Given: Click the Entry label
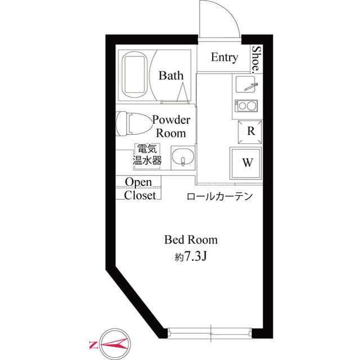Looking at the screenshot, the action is [x=224, y=57].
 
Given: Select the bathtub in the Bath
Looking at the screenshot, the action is [x=134, y=75].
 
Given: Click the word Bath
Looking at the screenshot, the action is [x=171, y=75].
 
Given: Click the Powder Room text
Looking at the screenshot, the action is [x=171, y=127].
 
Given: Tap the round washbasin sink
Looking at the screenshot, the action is [x=183, y=157].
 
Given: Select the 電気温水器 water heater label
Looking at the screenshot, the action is [x=147, y=154].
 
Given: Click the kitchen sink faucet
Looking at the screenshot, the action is [x=251, y=86].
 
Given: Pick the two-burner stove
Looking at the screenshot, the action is [x=246, y=106].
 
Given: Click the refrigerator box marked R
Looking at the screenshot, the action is [x=250, y=132].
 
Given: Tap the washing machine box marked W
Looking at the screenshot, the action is [x=246, y=163].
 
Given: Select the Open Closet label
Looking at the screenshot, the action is [x=139, y=189].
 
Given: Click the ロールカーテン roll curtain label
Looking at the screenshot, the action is [x=219, y=196].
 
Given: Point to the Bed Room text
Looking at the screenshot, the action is [x=191, y=240].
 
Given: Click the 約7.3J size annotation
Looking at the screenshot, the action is [x=191, y=256].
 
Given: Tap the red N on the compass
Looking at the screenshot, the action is [x=93, y=345].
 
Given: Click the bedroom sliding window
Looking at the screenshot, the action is [x=210, y=333].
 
